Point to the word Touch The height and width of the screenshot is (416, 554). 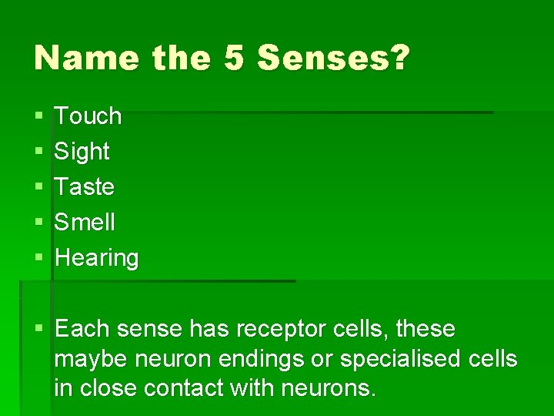(88, 116)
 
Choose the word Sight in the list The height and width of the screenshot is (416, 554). (82, 152)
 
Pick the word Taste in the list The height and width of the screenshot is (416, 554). (85, 187)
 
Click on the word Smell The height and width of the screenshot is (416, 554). (85, 223)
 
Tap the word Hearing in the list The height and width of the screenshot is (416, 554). (97, 258)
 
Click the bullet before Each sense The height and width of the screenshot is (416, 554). (38, 330)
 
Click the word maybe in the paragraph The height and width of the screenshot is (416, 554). (92, 360)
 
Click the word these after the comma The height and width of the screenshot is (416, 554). (428, 330)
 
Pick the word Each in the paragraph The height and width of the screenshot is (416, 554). (82, 330)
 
